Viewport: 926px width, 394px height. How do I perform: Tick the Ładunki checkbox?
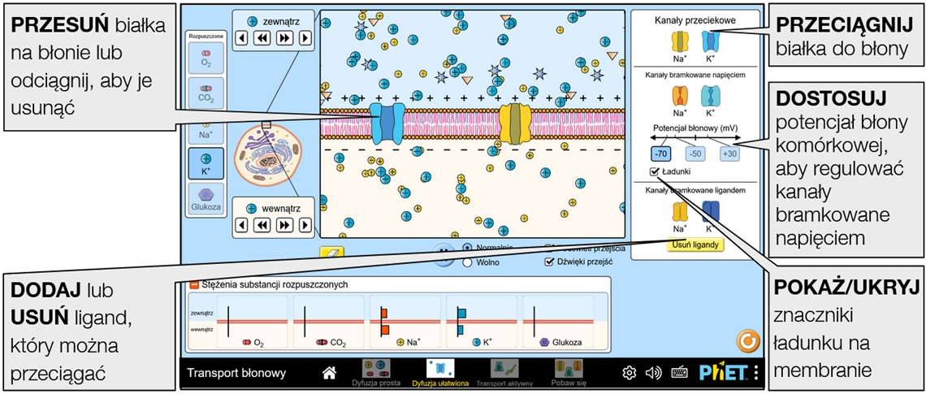click(x=655, y=172)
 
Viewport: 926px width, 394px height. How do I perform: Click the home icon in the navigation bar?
click(x=329, y=373)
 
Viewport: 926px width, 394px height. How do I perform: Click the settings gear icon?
click(x=629, y=373)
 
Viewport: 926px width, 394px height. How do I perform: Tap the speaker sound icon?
click(x=653, y=373)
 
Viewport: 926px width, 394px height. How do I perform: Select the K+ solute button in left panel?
click(x=205, y=162)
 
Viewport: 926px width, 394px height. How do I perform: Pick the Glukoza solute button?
click(x=205, y=199)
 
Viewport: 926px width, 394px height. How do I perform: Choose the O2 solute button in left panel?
click(x=205, y=58)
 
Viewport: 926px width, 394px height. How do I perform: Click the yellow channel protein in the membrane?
click(x=514, y=123)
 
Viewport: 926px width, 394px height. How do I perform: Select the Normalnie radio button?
click(x=467, y=247)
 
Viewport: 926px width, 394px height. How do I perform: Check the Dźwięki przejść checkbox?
click(x=550, y=262)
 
